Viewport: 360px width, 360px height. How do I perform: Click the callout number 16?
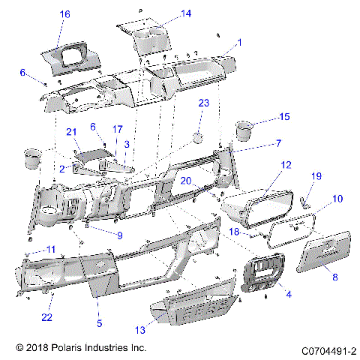(x=64, y=14)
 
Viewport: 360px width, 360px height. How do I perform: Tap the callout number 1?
(x=239, y=43)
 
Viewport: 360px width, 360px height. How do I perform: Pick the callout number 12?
(x=286, y=164)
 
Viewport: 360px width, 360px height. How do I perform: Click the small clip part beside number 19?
(x=304, y=201)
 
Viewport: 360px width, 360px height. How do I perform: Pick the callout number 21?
(x=72, y=132)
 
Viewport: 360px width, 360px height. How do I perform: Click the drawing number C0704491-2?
(x=328, y=349)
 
